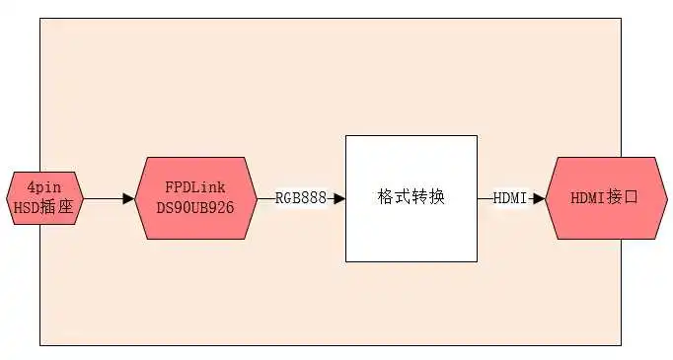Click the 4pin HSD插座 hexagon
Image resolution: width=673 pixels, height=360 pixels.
[44, 197]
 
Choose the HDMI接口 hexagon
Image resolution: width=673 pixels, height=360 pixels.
[605, 197]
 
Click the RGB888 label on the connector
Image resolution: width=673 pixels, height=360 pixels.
[300, 198]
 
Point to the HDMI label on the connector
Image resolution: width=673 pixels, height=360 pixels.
[510, 198]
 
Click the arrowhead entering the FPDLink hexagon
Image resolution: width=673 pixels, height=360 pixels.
[128, 198]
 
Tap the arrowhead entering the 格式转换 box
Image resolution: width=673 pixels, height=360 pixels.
[338, 198]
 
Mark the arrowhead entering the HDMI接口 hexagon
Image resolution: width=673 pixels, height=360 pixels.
[539, 198]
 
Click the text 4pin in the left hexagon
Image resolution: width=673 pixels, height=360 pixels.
[43, 187]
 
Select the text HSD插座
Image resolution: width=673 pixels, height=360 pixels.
[43, 207]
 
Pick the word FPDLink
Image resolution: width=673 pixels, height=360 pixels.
[196, 187]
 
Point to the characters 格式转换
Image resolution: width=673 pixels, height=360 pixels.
[411, 197]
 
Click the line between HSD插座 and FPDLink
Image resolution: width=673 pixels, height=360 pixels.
[104, 198]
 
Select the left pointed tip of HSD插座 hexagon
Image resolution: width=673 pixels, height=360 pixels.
[7, 197]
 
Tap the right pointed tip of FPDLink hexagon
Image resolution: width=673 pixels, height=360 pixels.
[256, 197]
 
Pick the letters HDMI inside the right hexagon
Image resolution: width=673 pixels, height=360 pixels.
[589, 197]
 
